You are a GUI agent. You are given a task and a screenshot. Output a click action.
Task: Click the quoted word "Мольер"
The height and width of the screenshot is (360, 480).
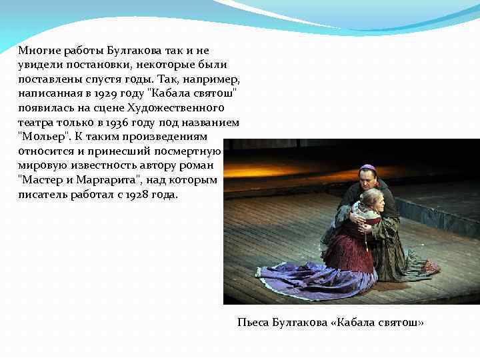coord(43,137)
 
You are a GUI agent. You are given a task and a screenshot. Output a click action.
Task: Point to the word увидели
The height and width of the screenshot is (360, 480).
coord(39,65)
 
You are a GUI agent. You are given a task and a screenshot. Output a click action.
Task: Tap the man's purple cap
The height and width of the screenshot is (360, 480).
coord(367,168)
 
